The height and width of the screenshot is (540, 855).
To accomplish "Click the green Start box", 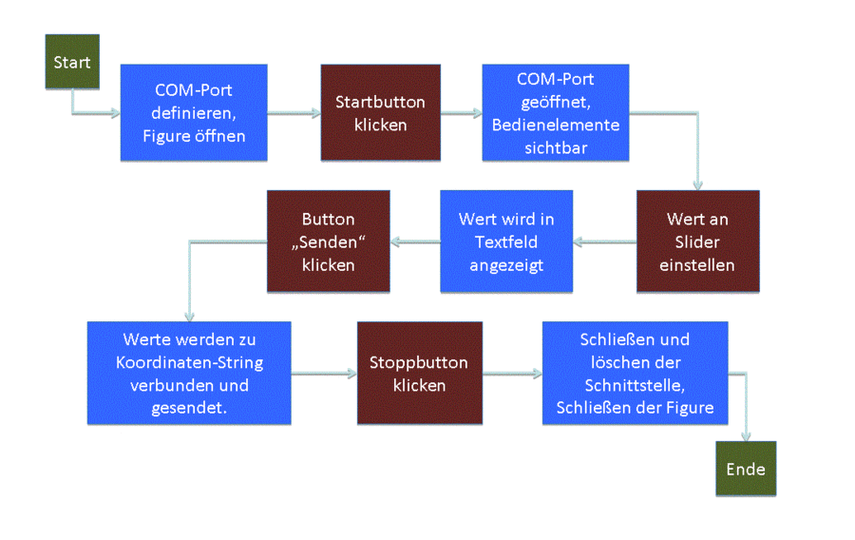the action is pos(72,62).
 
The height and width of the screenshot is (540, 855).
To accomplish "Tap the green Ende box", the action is pos(746,469).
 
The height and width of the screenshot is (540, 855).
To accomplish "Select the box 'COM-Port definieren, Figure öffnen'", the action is pos(194,112).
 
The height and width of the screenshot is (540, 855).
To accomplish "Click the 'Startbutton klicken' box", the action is pos(381,112).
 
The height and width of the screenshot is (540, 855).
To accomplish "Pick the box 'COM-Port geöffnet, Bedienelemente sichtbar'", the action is pos(556,112).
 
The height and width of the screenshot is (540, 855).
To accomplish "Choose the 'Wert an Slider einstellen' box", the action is pos(698,241).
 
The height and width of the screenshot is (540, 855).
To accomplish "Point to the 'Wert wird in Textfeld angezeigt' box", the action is pos(506,241).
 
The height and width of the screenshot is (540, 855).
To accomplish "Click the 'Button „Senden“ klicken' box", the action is pos(329,241).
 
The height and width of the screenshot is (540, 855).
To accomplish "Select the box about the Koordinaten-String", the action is pos(189,373).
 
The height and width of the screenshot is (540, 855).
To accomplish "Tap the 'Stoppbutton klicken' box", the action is pos(420,373).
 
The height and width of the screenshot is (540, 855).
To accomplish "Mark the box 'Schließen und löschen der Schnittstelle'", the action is pos(636,373).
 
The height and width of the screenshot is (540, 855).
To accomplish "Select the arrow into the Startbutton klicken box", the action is pos(294,113).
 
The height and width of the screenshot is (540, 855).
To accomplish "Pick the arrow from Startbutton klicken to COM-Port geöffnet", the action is pos(462,113).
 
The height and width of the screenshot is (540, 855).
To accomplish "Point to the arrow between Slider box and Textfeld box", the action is pos(605,241).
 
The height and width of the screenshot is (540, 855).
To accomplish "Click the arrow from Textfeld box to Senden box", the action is pos(415,241).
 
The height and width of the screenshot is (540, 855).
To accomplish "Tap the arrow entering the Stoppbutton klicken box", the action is pos(324,374).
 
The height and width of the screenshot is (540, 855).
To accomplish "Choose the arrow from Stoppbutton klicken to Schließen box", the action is pos(513,374).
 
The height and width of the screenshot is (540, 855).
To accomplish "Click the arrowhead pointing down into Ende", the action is pos(746,435).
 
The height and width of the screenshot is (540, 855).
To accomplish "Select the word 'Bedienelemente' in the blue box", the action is pos(556,125).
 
